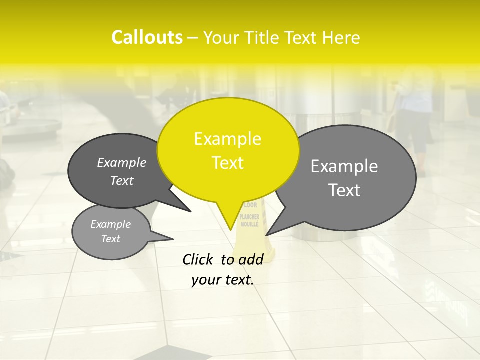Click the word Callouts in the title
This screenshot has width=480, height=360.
click(147, 37)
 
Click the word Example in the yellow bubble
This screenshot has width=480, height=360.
click(227, 139)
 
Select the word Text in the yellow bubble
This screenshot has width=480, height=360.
click(228, 163)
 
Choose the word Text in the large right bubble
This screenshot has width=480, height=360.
click(344, 190)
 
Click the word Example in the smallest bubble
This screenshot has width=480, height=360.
click(110, 224)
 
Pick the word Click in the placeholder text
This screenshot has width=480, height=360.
click(199, 259)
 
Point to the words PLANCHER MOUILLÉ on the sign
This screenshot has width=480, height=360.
click(249, 220)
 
